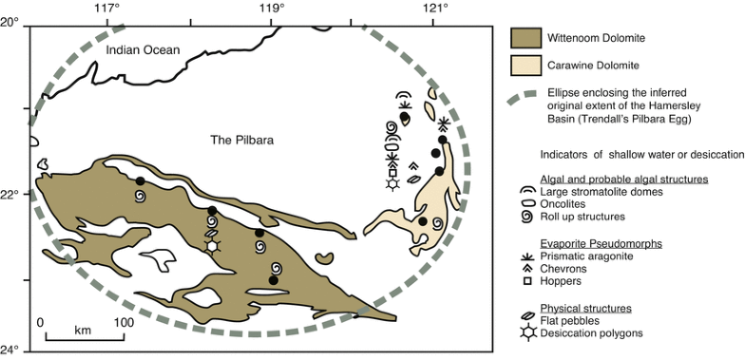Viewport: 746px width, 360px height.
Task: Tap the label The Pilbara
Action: tap(241, 140)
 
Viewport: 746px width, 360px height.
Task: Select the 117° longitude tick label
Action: tap(107, 9)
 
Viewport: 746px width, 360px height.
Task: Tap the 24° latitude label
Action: tap(10, 349)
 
